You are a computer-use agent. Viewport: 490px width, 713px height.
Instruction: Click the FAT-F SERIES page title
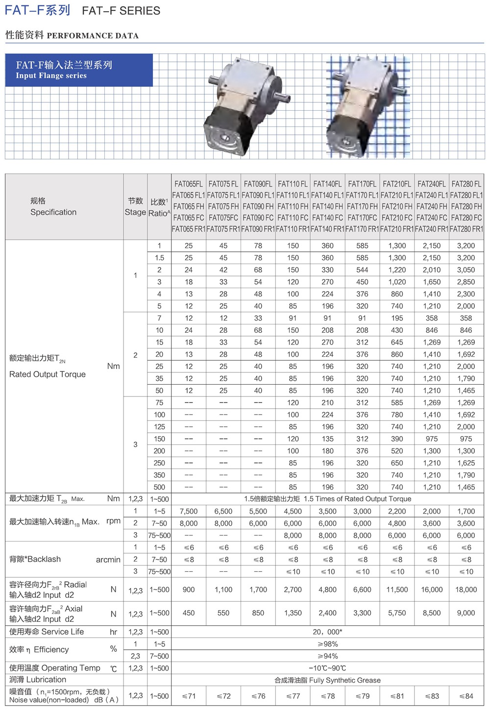pos(82,10)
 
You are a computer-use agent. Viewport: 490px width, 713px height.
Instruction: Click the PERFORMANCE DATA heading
pos(93,35)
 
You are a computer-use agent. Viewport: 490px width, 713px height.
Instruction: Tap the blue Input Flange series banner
pos(78,70)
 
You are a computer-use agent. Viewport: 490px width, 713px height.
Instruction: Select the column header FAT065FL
pos(189,184)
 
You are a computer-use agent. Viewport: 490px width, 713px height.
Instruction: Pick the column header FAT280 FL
pos(466,184)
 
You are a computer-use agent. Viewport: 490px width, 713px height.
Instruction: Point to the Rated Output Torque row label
pos(48,374)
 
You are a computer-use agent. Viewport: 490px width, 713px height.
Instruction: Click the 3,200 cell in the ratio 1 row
pos(466,246)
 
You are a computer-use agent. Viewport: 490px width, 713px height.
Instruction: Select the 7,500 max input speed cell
pos(189,511)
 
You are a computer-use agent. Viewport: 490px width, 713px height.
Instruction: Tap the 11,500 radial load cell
pos(397,590)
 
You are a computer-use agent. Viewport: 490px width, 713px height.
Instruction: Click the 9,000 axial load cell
pos(466,613)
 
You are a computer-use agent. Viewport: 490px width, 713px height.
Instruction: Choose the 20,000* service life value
pos(327,632)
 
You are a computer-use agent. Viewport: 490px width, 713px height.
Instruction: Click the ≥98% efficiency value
pos(327,644)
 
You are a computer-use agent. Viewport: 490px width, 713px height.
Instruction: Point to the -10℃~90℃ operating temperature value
pos(327,668)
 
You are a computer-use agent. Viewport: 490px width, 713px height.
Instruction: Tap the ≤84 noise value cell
pos(466,696)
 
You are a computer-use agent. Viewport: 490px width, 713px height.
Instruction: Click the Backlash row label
pos(35,559)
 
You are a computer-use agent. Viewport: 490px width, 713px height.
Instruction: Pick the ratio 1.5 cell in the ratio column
pos(159,258)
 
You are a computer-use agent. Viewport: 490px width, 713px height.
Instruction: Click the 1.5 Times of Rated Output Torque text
pos(357,499)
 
